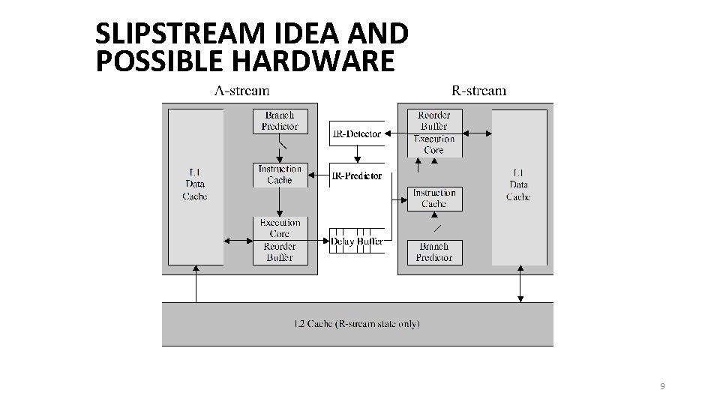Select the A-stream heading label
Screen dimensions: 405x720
click(241, 91)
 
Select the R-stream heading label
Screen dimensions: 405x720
click(478, 91)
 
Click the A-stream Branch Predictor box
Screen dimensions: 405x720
click(280, 121)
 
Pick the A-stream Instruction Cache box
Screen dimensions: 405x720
click(280, 175)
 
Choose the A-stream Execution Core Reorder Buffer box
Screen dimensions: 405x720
click(280, 240)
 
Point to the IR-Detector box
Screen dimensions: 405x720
click(356, 133)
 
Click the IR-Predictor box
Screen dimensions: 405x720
click(356, 175)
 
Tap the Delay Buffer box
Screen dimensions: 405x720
click(356, 241)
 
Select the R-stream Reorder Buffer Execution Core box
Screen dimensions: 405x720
click(433, 133)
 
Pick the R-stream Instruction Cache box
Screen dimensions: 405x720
click(433, 199)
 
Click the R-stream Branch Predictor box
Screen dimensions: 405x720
click(433, 252)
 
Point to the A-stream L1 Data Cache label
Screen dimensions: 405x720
click(195, 184)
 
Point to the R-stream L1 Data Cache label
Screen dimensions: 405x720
click(518, 184)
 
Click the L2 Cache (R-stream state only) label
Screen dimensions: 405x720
click(357, 324)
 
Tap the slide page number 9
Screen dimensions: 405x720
click(661, 386)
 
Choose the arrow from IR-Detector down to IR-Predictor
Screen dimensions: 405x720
click(358, 154)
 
